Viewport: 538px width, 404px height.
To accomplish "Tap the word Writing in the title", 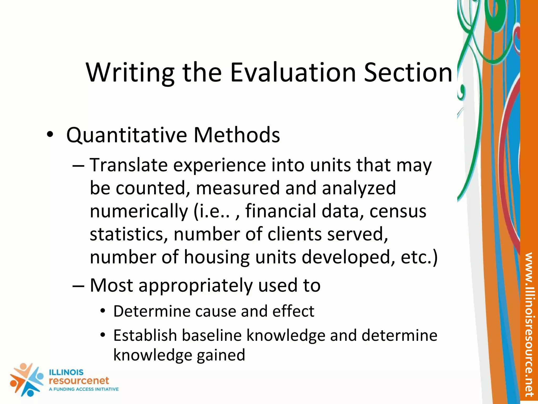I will [130, 73].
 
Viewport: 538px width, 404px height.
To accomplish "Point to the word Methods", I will [237, 135].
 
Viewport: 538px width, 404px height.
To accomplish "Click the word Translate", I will [129, 165].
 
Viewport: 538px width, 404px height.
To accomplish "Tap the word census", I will [398, 211].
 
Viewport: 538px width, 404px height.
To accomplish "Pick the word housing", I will [217, 257].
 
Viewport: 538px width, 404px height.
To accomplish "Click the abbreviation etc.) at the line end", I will [419, 257].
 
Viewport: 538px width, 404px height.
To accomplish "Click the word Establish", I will [145, 336].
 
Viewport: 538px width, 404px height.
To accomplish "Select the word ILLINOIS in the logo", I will [66, 372].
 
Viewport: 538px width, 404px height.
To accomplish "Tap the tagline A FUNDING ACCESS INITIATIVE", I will [84, 389].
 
